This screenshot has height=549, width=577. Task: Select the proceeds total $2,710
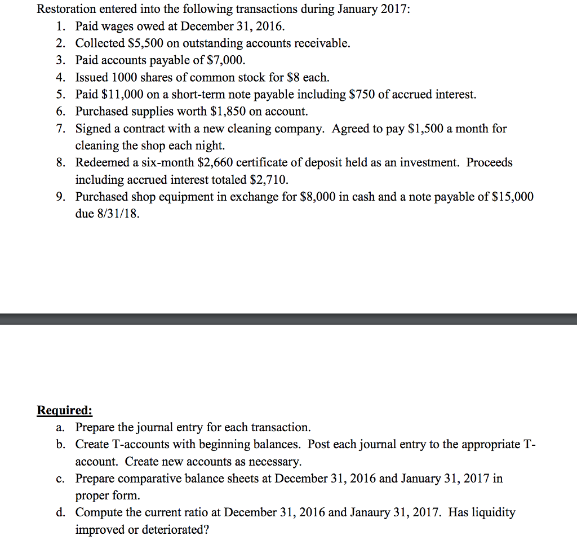click(268, 180)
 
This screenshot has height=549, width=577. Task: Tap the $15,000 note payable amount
click(513, 197)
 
